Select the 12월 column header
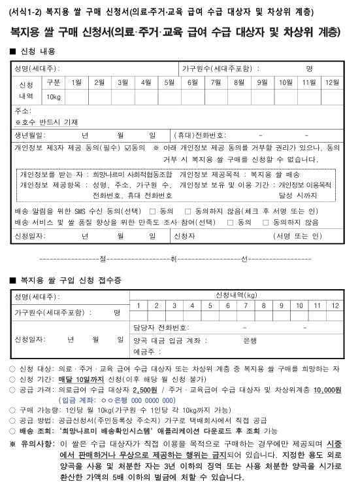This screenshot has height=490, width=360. tap(331, 82)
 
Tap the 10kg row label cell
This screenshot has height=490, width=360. tap(54, 97)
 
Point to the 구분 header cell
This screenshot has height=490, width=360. tap(54, 82)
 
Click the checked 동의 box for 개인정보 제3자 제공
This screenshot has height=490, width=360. tap(128, 148)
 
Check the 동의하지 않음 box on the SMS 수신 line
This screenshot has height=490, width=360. tap(188, 211)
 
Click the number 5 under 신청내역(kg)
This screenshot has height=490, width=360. tap(210, 306)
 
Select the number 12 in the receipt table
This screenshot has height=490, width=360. tap(335, 306)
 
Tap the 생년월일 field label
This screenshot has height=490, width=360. tap(29, 135)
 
